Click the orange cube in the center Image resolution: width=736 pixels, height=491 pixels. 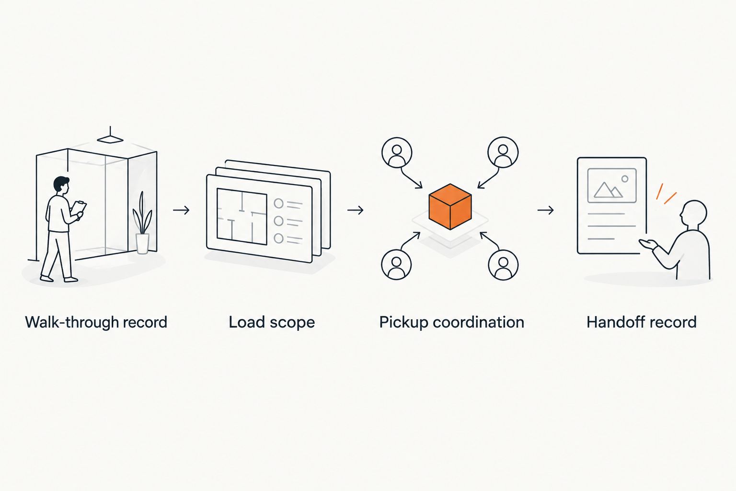coord(450,207)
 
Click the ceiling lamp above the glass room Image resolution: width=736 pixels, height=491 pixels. coord(110,137)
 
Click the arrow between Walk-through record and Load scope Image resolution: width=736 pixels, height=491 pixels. coord(182,210)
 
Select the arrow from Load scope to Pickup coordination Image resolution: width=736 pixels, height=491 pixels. coord(355,210)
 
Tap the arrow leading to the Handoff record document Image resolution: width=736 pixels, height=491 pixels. coord(545,210)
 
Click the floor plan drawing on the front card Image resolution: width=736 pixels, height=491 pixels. coord(242,216)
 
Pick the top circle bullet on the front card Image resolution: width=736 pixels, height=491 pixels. coord(278,203)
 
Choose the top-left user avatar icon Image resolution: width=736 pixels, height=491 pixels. coord(397,152)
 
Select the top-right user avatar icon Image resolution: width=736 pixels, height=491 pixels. coord(503,152)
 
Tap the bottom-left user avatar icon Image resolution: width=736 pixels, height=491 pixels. coord(397,264)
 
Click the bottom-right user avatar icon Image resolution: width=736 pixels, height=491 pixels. coord(503,265)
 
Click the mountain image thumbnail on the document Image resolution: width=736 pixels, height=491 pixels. coord(612,186)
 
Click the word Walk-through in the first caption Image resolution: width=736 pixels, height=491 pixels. coord(72,322)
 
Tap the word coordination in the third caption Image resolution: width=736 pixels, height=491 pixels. coord(478,322)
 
